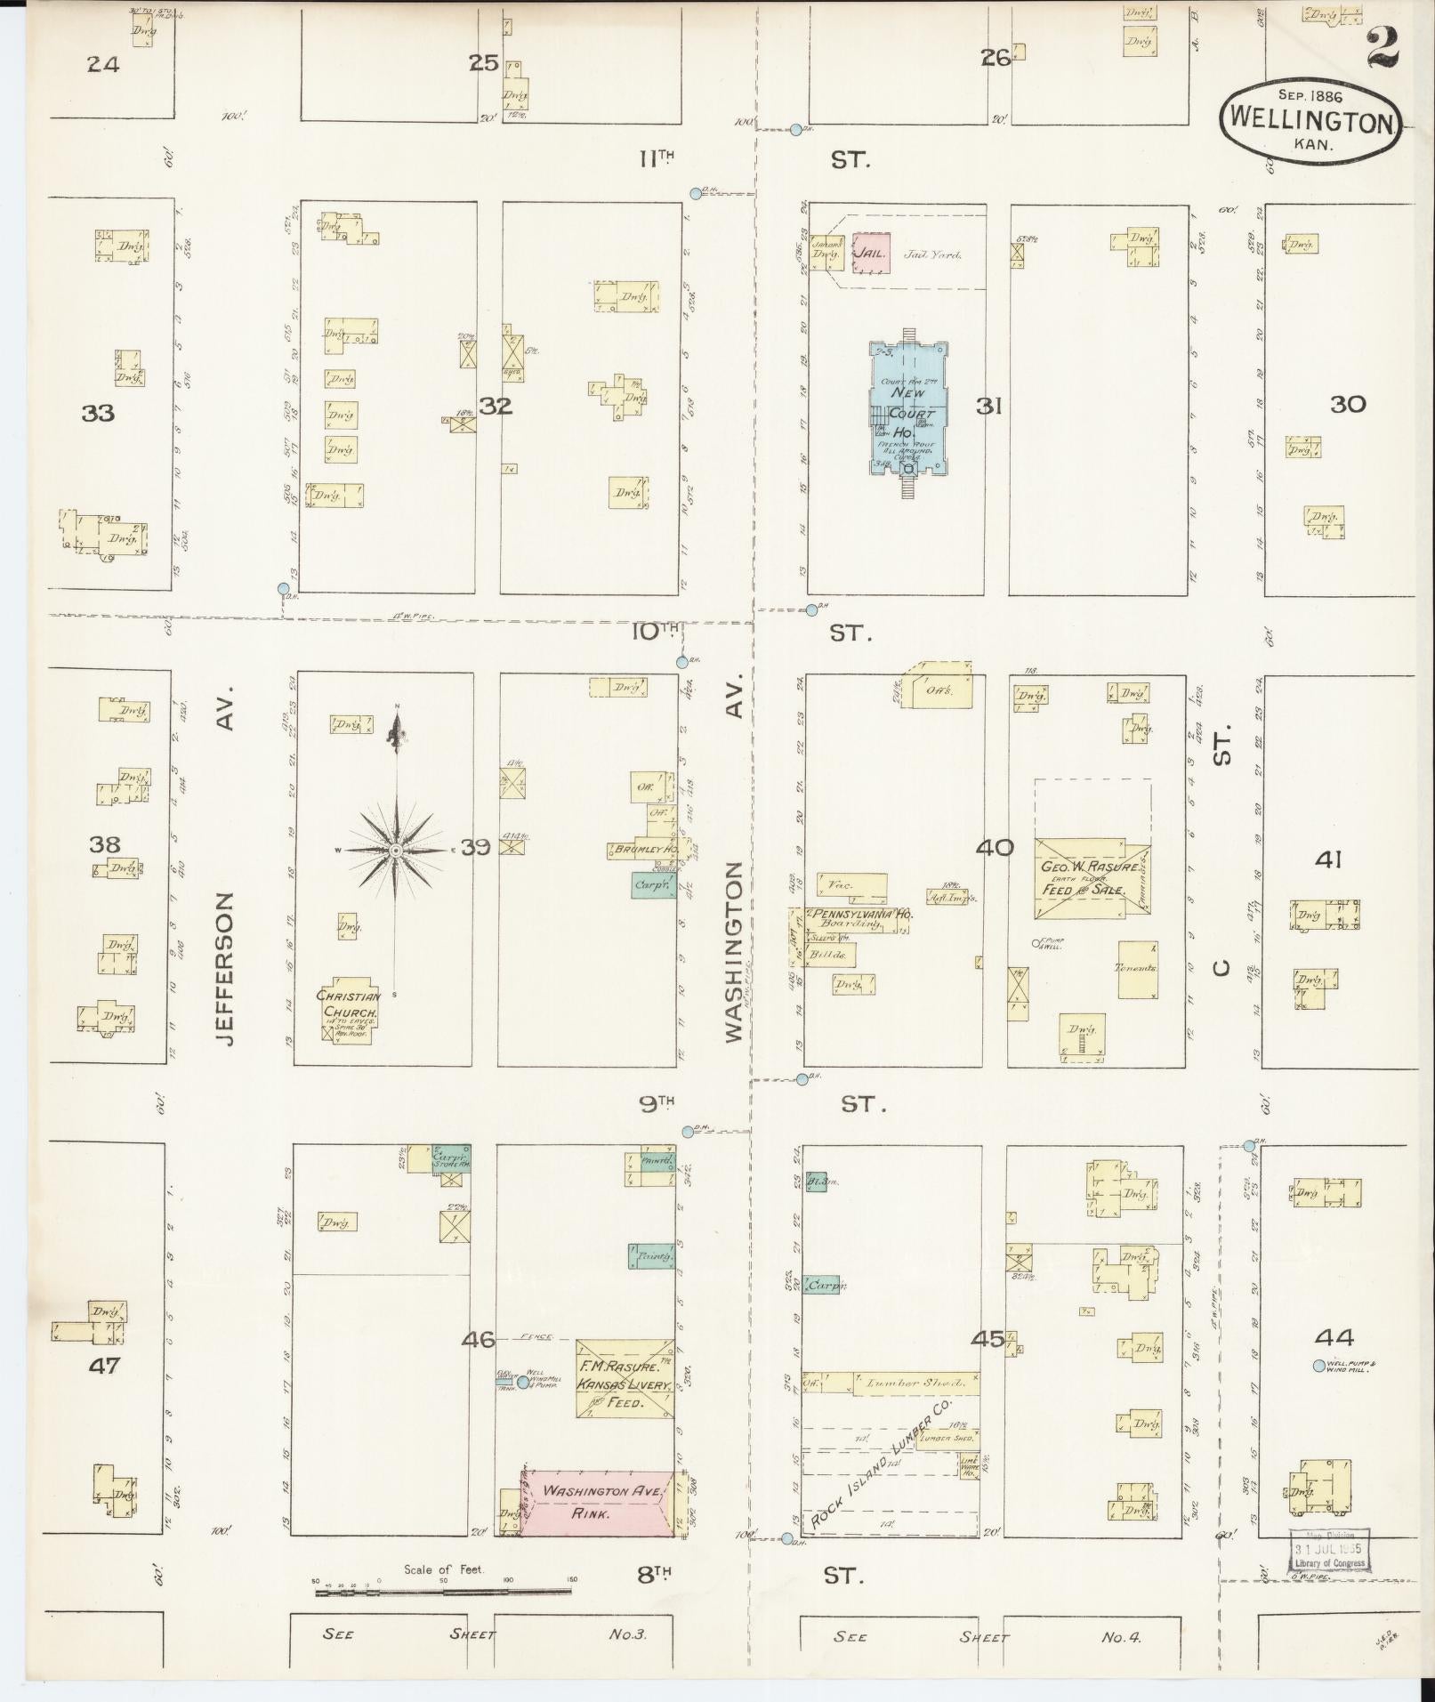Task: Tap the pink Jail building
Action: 871,254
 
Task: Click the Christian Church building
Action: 350,1012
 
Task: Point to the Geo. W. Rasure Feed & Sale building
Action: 1091,877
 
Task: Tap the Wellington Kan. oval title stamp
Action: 1310,122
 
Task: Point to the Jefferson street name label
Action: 225,969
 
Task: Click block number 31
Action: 988,406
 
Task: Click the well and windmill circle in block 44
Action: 1318,1366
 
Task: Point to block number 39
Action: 475,847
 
